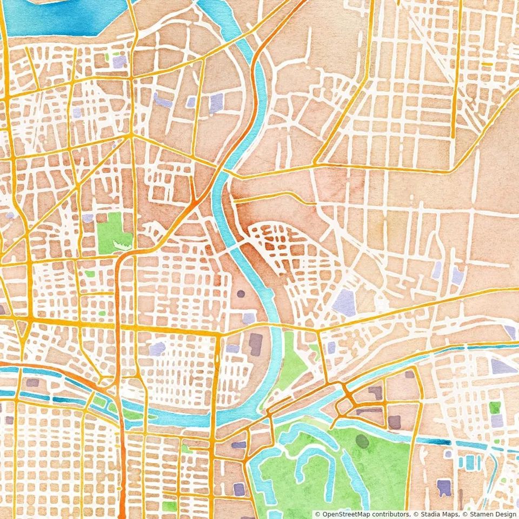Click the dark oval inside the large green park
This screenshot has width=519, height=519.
tap(362, 442)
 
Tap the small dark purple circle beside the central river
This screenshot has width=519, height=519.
tap(241, 294)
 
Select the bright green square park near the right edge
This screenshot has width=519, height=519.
tap(495, 407)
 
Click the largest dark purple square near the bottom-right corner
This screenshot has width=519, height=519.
tap(444, 487)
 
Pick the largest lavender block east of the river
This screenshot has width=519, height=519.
tap(344, 302)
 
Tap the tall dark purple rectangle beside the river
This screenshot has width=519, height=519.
tap(255, 344)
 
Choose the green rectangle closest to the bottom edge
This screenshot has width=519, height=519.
tap(169, 507)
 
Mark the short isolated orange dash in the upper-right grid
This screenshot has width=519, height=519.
tap(487, 64)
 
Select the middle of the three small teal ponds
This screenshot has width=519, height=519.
tap(470, 462)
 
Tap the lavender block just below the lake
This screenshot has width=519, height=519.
tap(119, 61)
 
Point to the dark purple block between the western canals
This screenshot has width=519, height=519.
tap(32, 383)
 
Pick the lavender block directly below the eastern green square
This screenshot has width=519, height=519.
tap(497, 421)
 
